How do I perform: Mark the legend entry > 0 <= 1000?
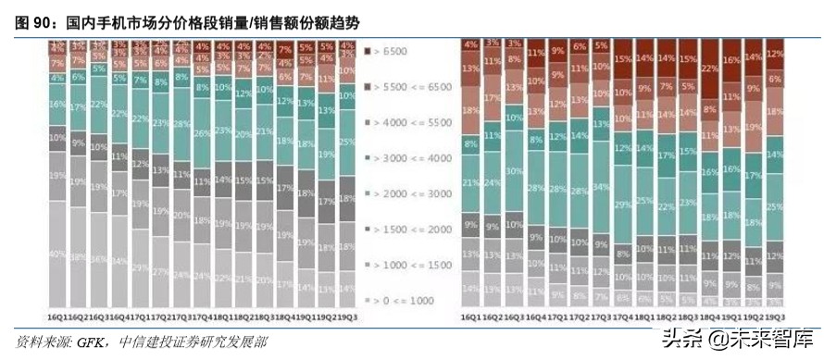pos(404,300)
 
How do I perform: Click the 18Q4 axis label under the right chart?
pos(710,315)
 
